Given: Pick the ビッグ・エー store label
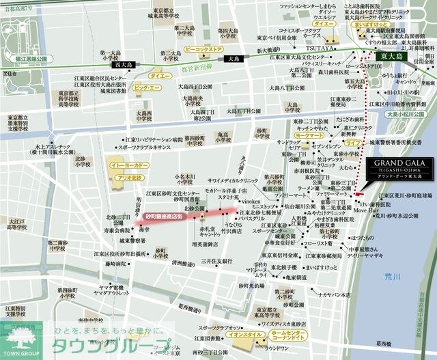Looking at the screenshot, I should [x=147, y=88].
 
